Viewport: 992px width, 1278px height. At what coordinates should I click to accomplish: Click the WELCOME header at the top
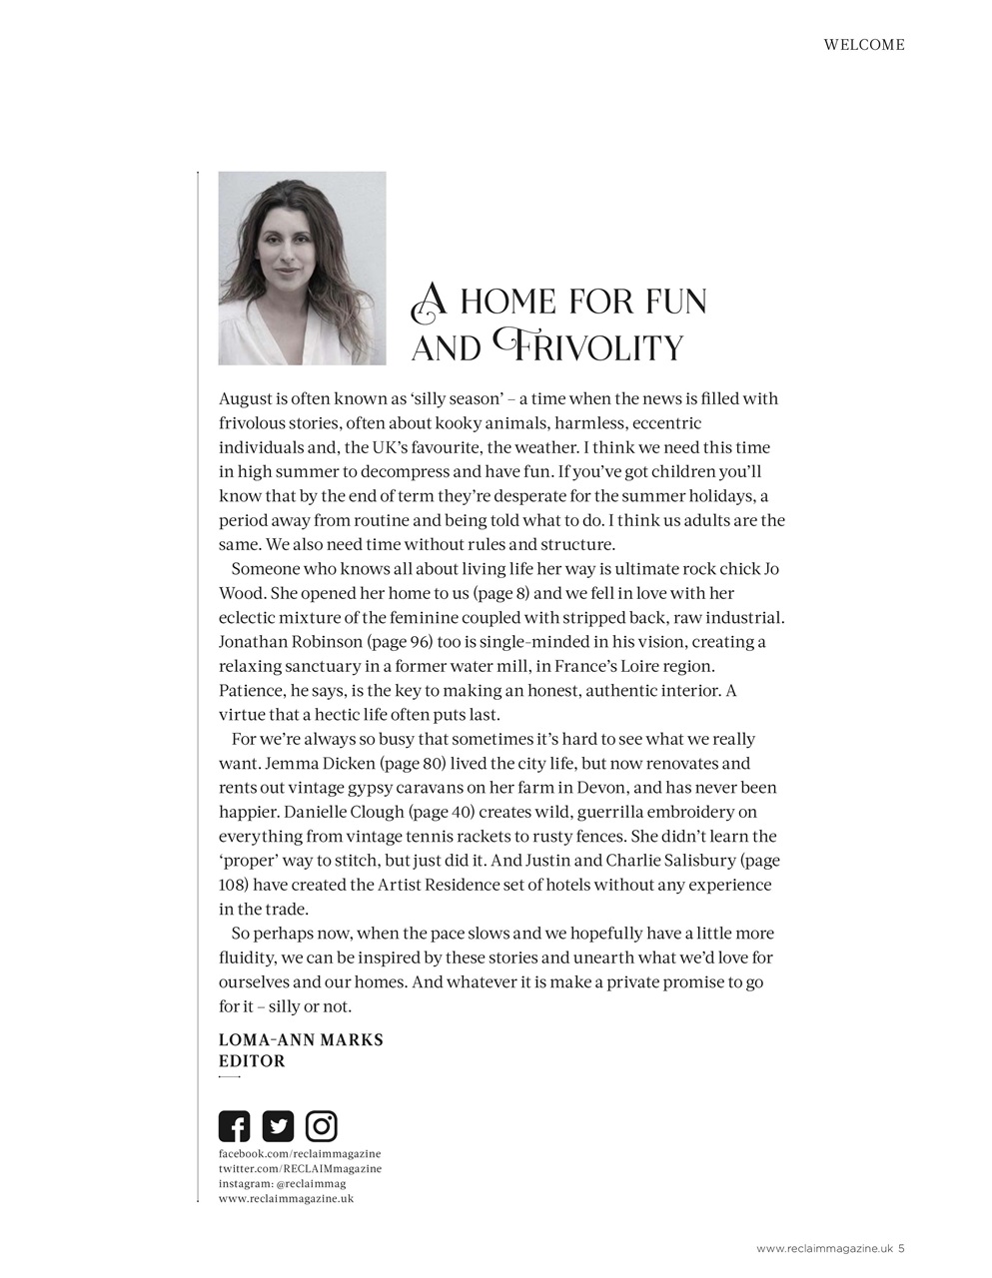click(864, 45)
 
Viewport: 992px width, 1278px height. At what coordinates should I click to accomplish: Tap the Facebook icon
click(234, 1126)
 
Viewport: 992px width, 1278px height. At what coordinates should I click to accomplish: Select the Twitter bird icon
click(278, 1126)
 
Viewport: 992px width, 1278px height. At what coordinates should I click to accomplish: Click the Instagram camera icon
click(322, 1126)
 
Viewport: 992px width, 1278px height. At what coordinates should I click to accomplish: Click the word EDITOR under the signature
click(252, 1061)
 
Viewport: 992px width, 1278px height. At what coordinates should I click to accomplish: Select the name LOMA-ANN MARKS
click(301, 1039)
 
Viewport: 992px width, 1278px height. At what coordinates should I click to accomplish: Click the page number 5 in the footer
click(901, 1247)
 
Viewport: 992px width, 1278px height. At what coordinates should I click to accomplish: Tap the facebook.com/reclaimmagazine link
click(300, 1153)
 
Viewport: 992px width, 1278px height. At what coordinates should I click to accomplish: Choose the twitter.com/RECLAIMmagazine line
click(300, 1168)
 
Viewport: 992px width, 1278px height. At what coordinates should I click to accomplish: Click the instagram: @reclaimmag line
click(282, 1183)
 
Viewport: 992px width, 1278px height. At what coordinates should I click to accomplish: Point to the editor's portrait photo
click(302, 268)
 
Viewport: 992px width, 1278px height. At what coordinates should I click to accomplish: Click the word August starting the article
click(246, 399)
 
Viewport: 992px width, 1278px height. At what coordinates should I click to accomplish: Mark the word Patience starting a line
click(251, 691)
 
